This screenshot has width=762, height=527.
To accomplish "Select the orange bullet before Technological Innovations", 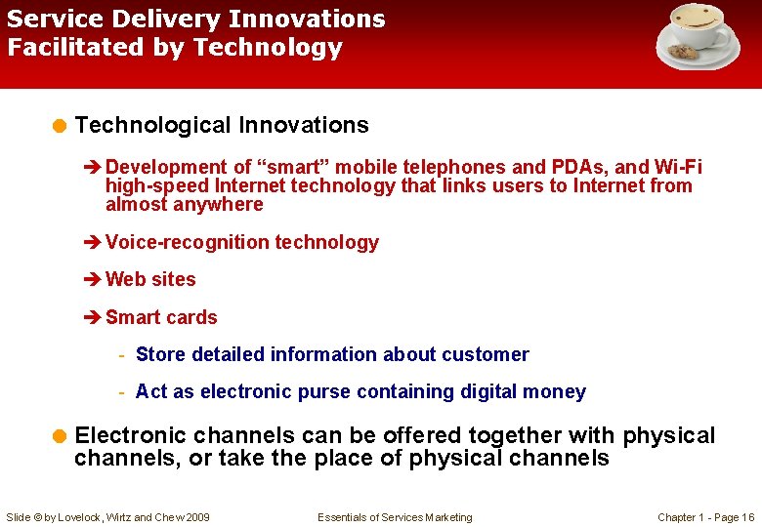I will pos(60,125).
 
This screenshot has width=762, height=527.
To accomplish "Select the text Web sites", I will pos(150,279).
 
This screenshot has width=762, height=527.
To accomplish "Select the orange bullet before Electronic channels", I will pos(60,435).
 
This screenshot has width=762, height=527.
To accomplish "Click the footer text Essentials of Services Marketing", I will pos(395,517).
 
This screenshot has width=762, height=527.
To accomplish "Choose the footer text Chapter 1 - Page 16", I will pos(705,517).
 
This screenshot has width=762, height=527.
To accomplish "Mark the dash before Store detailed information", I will pos(121,355).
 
